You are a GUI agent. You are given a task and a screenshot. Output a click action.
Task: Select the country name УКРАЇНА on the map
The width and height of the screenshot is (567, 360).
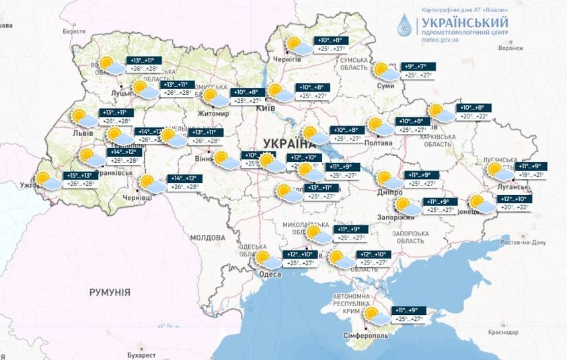tap(290, 143)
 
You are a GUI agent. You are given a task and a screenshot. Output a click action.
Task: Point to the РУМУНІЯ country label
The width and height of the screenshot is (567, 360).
tap(110, 292)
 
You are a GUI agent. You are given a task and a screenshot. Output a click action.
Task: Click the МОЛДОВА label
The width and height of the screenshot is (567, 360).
tap(207, 238)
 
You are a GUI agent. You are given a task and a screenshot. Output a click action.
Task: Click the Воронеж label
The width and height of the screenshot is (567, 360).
tap(511, 48)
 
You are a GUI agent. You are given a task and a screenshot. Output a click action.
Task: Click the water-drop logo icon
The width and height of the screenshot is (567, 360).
tap(406, 24)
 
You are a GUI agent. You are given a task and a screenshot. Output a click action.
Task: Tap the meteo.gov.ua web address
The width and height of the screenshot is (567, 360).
tap(440, 38)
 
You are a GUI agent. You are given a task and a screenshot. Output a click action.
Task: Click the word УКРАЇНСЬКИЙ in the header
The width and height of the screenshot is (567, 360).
tap(465, 22)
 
